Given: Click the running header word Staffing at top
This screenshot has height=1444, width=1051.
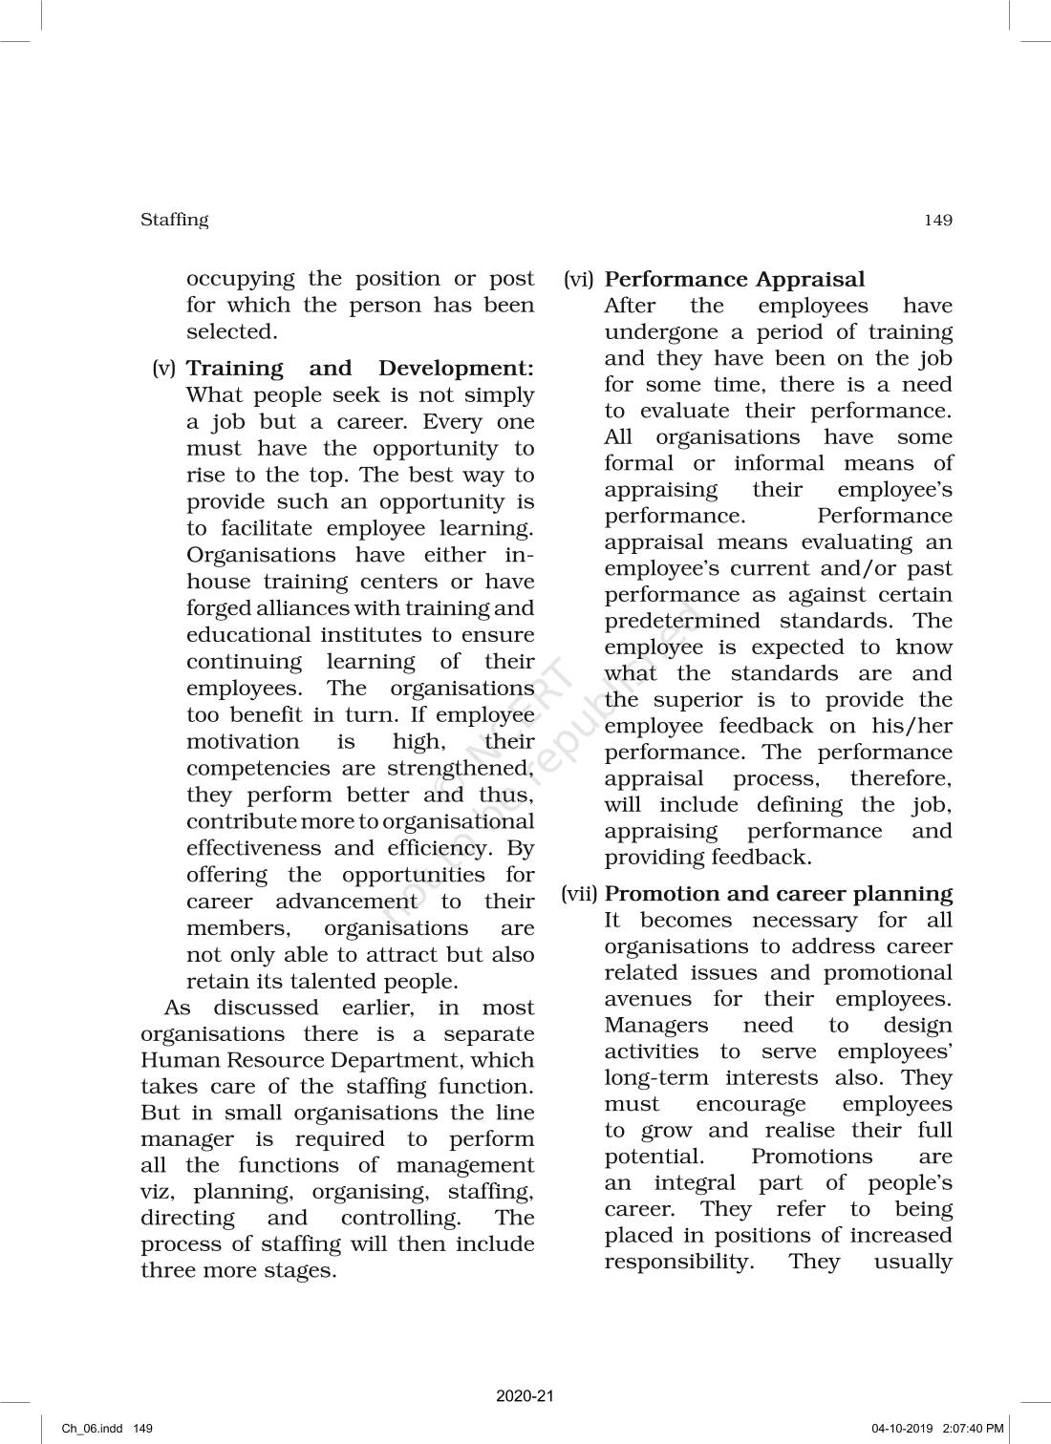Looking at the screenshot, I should pyautogui.click(x=174, y=220).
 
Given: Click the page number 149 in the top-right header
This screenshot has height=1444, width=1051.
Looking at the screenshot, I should pyautogui.click(x=937, y=221).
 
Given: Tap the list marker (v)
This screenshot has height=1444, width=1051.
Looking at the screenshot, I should pyautogui.click(x=164, y=368).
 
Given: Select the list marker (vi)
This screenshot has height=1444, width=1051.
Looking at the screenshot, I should pyautogui.click(x=579, y=279).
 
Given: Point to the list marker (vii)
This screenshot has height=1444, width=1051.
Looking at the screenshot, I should pyautogui.click(x=579, y=894).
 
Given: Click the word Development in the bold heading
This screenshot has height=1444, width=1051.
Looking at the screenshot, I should pyautogui.click(x=456, y=368).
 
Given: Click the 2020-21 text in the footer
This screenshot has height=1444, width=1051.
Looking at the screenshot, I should pyautogui.click(x=525, y=1395).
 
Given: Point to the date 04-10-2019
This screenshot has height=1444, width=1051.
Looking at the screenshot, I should pyautogui.click(x=902, y=1429).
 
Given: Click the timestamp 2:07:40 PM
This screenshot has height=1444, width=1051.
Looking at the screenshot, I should pyautogui.click(x=973, y=1429).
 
